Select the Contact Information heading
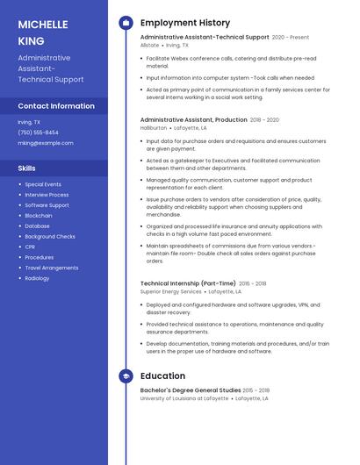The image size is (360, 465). (x=55, y=106)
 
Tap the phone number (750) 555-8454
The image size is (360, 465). (x=39, y=132)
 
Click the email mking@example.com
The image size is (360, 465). (x=46, y=143)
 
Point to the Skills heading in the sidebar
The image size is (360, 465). (x=26, y=168)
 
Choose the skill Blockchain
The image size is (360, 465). (x=39, y=216)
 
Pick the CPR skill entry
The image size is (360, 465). (x=31, y=247)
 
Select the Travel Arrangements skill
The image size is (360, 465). (x=52, y=268)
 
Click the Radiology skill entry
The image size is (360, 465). (x=37, y=278)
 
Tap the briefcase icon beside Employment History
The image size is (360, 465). (x=126, y=23)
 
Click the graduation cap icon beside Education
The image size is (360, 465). (x=126, y=376)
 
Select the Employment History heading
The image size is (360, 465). (x=185, y=23)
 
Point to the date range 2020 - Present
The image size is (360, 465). (x=291, y=38)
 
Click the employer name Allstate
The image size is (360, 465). (x=149, y=46)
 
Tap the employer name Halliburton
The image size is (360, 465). (x=154, y=127)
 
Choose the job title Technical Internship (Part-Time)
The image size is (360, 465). (x=188, y=283)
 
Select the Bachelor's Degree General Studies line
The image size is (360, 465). (x=190, y=390)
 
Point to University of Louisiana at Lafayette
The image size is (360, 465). (x=184, y=398)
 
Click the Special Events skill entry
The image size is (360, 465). (x=43, y=184)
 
